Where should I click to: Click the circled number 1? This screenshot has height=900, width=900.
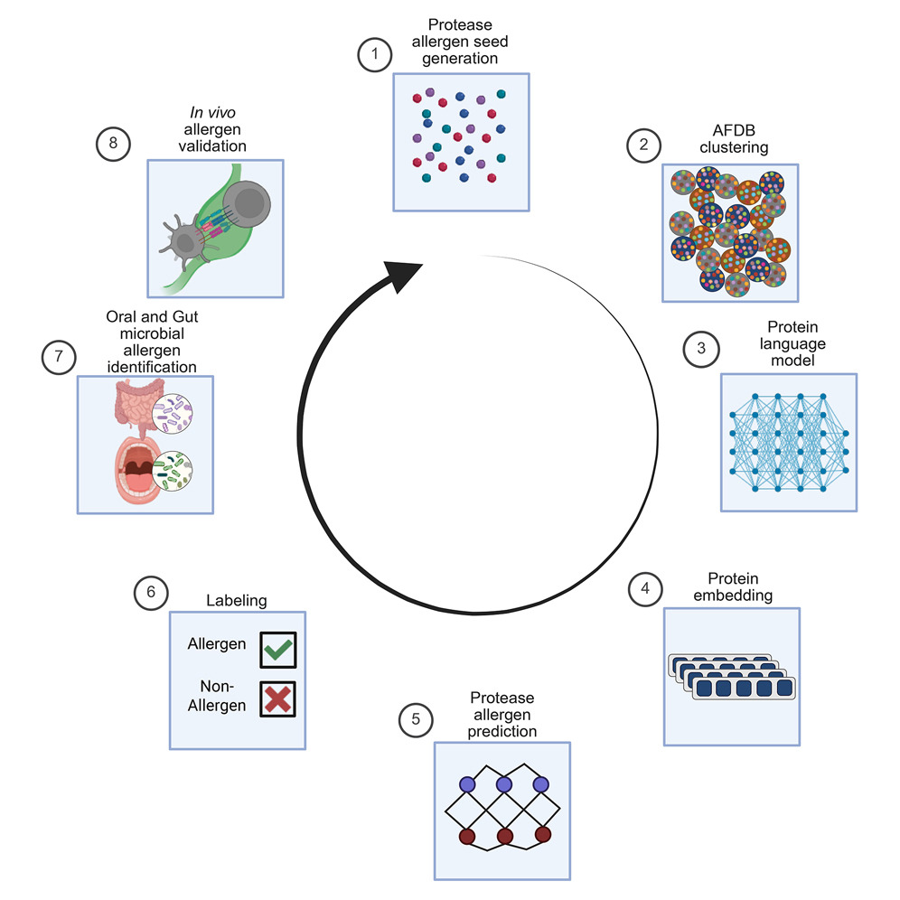point(373,56)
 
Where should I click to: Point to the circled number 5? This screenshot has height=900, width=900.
point(415,720)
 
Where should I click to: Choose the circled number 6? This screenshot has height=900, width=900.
point(151,592)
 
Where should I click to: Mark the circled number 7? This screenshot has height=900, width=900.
point(58,356)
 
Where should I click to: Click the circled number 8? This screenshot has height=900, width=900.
point(112,142)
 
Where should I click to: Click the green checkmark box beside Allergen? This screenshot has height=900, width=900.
point(277,649)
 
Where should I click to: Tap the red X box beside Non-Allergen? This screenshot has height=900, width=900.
point(277,698)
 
